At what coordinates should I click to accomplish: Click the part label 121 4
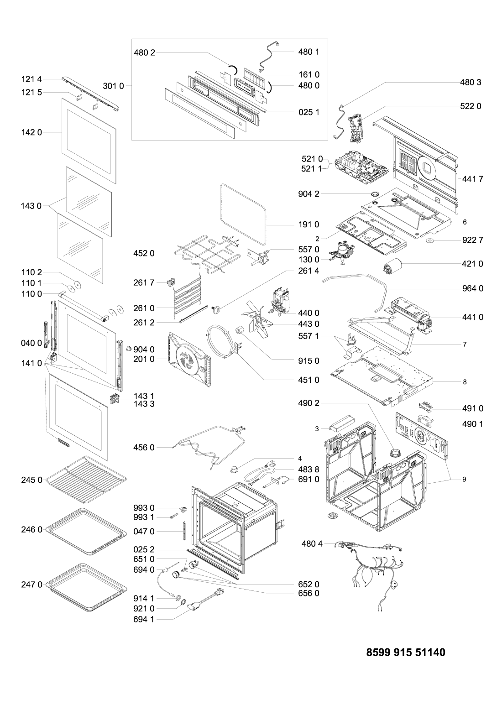pos(31,79)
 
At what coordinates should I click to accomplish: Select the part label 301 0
pos(114,86)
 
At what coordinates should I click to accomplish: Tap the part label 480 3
pos(471,83)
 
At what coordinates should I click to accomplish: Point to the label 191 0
pos(309,224)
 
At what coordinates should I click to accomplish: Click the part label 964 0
pos(473,288)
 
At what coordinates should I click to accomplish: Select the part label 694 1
pos(144,619)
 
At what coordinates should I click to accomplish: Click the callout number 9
pos(464,479)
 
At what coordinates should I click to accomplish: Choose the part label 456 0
pos(144,447)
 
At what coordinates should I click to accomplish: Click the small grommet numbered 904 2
pos(375,193)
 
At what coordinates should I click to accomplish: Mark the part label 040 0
pos(31,343)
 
